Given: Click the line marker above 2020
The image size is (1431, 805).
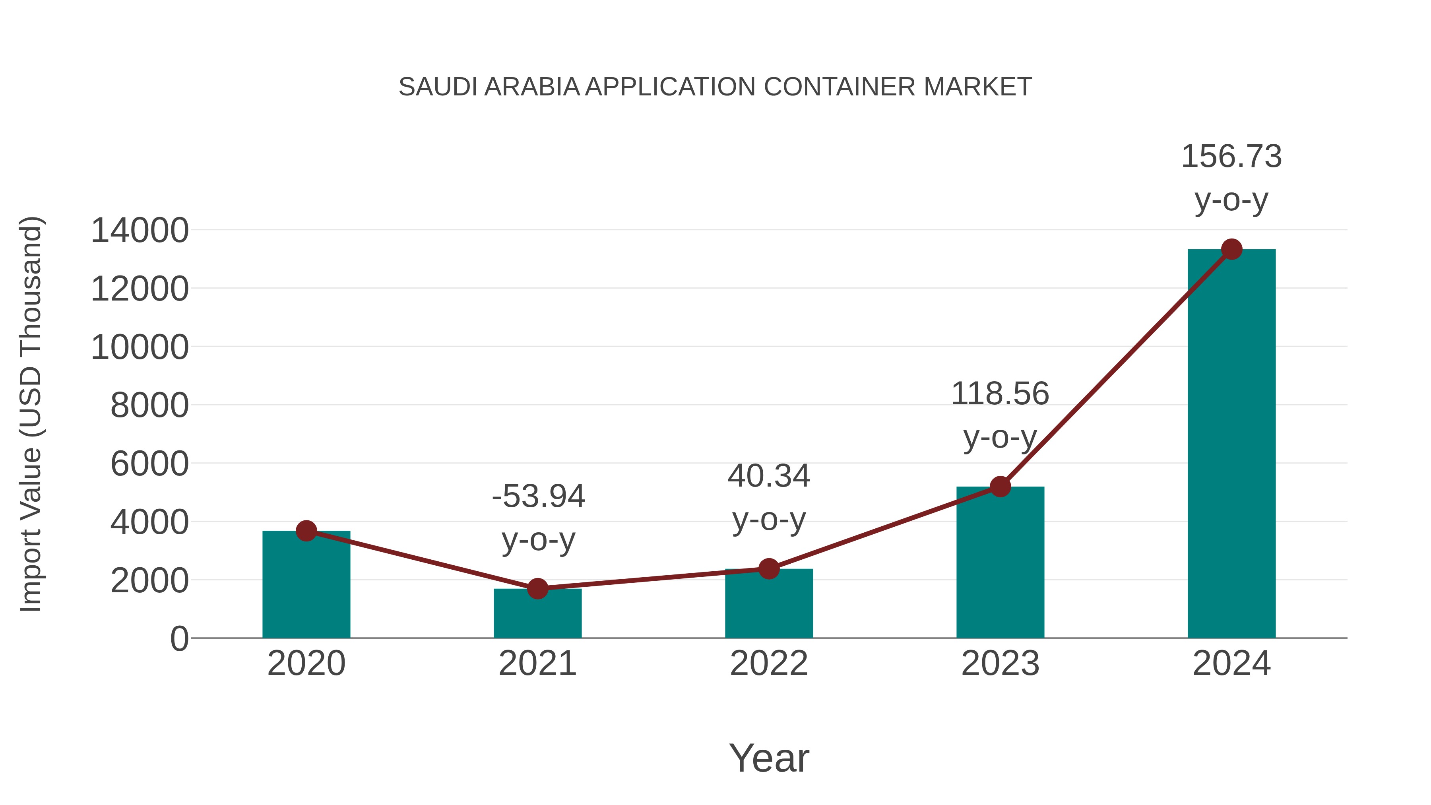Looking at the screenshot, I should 306,531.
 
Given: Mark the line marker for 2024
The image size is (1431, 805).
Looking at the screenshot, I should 1231,249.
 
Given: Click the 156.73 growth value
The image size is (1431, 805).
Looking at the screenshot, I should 1231,156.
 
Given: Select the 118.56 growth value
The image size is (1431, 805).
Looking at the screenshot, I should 1000,394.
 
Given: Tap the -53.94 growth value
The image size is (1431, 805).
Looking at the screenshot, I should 538,496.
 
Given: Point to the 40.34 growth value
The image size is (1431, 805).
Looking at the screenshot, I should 769,476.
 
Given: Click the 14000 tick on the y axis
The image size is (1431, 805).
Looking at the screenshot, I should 140,231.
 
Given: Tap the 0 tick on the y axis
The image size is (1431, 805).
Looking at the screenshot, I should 179,638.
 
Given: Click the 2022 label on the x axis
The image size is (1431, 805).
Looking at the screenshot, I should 769,663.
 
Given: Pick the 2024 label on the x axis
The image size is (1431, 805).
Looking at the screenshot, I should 1231,663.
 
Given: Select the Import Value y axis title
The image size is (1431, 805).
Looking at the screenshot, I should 31,414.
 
